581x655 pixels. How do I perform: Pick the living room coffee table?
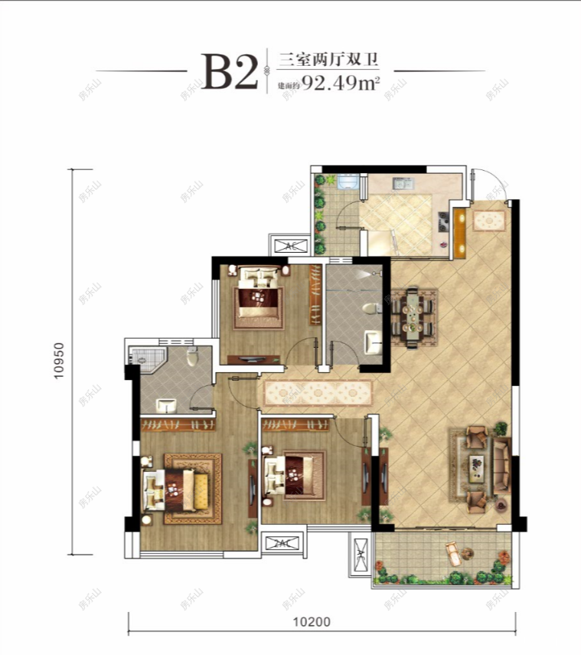coord(477,467)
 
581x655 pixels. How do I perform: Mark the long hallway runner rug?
coord(318,394)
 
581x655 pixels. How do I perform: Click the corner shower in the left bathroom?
coord(144,358)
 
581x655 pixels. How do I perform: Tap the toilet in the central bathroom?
coord(371,309)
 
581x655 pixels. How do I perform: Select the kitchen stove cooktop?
coord(443,221)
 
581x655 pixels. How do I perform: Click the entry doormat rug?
coord(488,221)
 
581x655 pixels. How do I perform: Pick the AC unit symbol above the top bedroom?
coord(290,246)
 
